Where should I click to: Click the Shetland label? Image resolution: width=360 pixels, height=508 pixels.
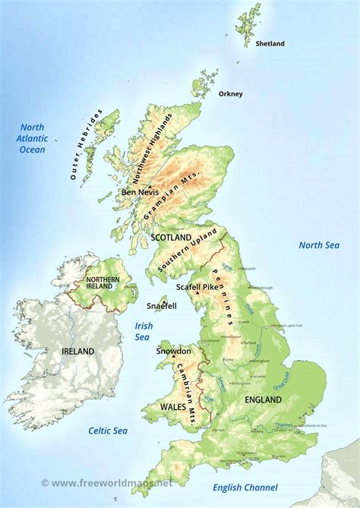(x=270, y=44)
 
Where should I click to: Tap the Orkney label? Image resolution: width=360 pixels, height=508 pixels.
(x=230, y=94)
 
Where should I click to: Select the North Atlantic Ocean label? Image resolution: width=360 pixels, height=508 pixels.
(x=32, y=139)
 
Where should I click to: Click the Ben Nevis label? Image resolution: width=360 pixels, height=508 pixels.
(x=140, y=193)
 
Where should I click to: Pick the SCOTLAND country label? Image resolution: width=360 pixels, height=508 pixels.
(x=172, y=238)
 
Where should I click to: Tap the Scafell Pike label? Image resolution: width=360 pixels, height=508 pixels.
(x=176, y=287)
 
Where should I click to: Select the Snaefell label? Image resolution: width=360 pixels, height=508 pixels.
(x=161, y=306)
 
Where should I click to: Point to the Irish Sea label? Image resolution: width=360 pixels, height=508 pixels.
(x=144, y=332)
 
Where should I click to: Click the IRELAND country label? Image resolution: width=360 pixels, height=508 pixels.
(x=78, y=352)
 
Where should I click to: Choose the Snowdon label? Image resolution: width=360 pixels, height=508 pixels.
(x=173, y=352)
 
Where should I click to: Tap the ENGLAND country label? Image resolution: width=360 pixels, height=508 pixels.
(x=264, y=399)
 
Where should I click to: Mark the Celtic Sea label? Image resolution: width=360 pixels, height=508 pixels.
(x=108, y=431)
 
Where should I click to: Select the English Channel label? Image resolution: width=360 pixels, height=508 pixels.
(x=245, y=487)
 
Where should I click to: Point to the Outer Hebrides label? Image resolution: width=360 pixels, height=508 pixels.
(x=85, y=146)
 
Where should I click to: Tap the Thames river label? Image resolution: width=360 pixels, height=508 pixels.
(x=283, y=425)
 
